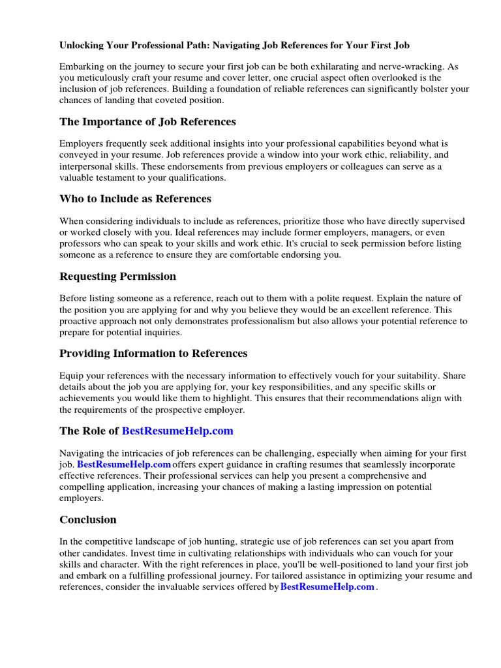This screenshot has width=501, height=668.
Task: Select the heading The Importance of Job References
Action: (x=147, y=122)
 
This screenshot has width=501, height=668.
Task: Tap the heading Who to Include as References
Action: (x=135, y=199)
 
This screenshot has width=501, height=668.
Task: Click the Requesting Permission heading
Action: (x=117, y=276)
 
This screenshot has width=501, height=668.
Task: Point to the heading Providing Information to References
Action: (x=153, y=354)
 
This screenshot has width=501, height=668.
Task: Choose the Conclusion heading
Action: (x=88, y=520)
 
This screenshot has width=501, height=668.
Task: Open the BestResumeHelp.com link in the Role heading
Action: (x=177, y=431)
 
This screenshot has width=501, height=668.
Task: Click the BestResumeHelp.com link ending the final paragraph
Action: (x=327, y=586)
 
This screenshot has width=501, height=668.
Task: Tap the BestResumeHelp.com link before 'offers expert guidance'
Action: (x=124, y=464)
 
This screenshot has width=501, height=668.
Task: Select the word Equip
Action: (x=72, y=376)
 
